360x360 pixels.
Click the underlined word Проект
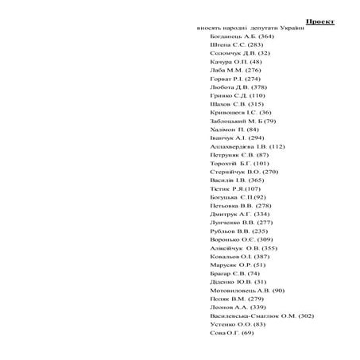pyautogui.click(x=320, y=21)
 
